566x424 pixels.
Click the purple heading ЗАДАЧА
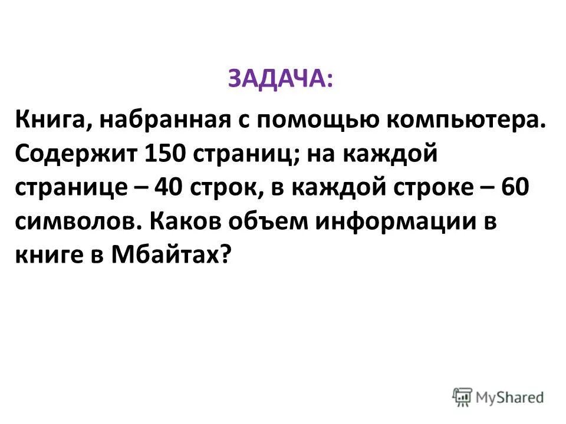pyautogui.click(x=279, y=79)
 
